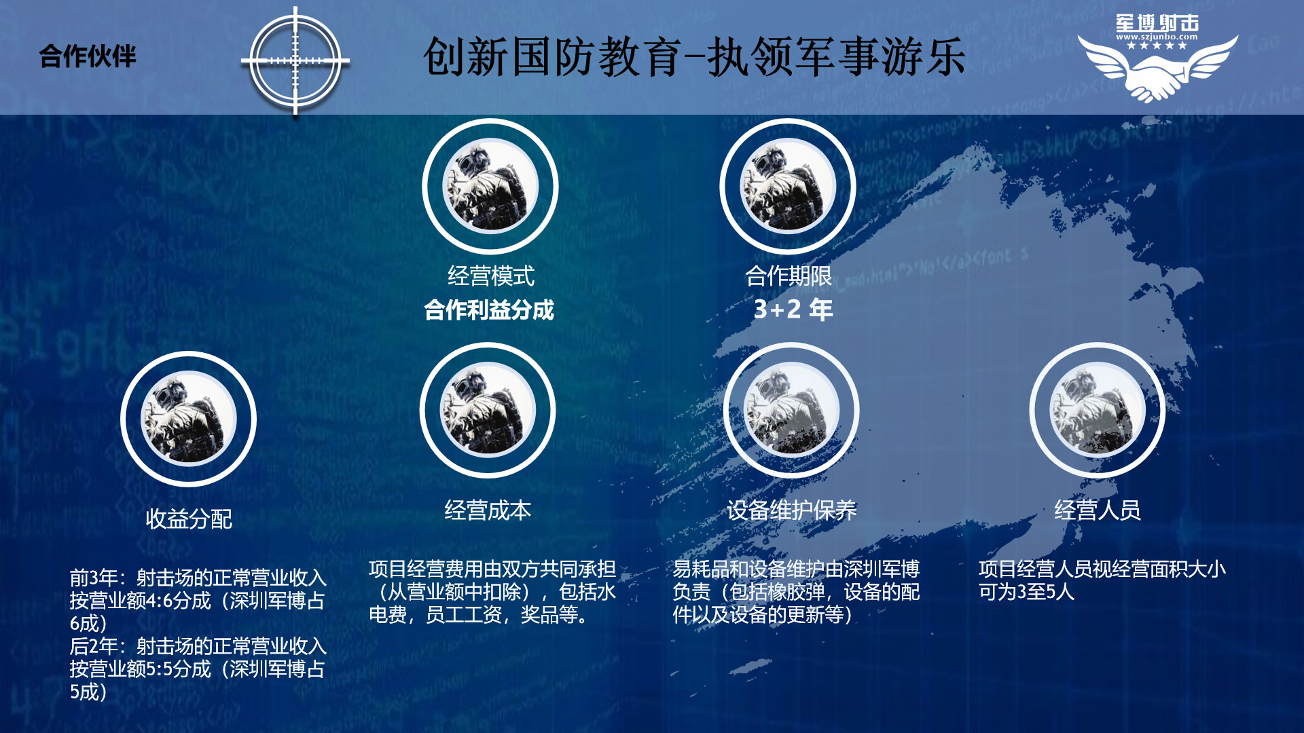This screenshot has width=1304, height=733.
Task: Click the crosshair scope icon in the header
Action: point(295,61)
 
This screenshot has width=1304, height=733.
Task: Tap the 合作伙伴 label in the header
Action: point(88,56)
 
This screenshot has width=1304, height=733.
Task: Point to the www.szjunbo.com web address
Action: point(1157,37)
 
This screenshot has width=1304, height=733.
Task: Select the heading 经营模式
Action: point(491,276)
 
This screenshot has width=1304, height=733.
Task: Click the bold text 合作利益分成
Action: point(489,310)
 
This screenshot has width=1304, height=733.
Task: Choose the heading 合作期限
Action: point(789,276)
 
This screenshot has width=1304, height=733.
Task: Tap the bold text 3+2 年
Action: point(793,309)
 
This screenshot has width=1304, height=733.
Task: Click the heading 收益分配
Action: point(189,519)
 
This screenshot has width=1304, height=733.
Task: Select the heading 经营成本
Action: point(488,510)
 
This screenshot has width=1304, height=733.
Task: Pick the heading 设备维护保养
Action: point(792,510)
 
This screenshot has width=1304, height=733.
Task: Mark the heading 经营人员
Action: point(1098,510)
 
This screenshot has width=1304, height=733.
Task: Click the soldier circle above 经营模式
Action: point(490,186)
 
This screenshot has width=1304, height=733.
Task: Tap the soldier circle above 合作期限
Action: point(788,186)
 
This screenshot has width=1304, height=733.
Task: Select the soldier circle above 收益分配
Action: point(189,419)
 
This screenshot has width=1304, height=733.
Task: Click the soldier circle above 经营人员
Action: point(1098,410)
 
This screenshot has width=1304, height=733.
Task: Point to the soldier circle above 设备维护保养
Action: point(791,410)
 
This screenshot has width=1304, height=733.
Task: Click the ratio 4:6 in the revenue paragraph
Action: point(160,601)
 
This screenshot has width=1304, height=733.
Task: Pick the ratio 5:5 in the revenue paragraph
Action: point(160,670)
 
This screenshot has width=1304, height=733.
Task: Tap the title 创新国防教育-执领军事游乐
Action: point(694,57)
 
